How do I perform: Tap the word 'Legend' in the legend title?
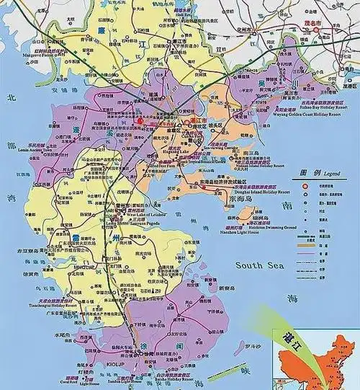328,174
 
